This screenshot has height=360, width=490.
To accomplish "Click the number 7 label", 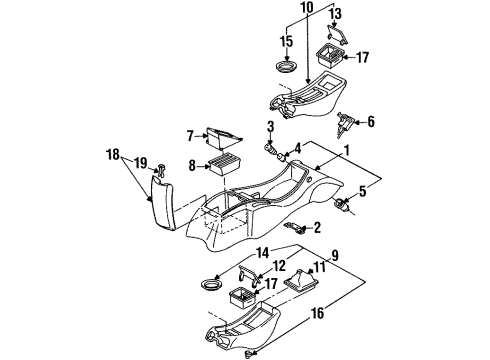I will [x=189, y=134].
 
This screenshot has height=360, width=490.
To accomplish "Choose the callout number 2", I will [x=316, y=228].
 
